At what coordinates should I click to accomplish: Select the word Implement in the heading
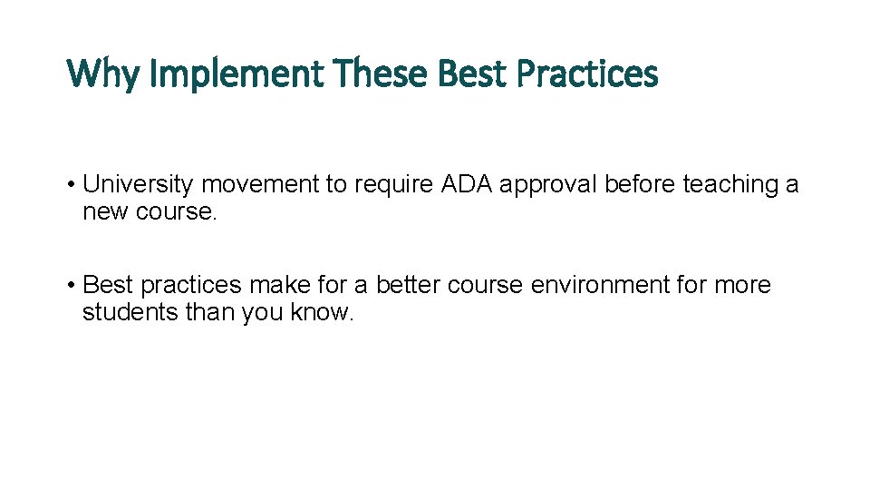(x=235, y=73)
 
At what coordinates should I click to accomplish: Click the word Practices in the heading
(x=586, y=73)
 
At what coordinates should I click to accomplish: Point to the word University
(x=139, y=185)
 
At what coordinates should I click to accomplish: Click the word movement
(x=261, y=185)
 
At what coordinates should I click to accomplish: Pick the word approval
(x=548, y=185)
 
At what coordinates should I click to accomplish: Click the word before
(x=640, y=185)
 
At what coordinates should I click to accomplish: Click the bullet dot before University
(x=71, y=185)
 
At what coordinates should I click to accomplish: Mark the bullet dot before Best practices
(x=71, y=285)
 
